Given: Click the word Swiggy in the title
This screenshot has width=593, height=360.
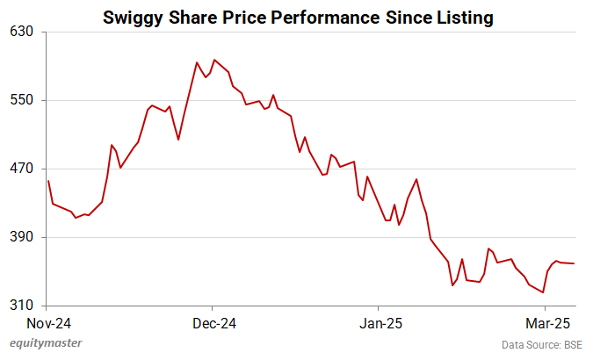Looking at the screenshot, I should coord(132,17).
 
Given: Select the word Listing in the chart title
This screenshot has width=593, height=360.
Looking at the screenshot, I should coord(462,17).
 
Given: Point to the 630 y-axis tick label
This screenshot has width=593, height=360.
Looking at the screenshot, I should coord(22,32).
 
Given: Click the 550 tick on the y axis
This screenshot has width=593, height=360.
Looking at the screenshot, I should coord(22,100).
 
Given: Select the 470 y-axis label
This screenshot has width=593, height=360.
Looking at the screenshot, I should coord(22,169).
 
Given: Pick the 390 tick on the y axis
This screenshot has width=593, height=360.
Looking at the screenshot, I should coord(22,237).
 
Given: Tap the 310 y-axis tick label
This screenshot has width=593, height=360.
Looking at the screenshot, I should coord(22,306).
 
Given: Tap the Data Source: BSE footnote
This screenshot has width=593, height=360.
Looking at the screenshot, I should coord(542,344).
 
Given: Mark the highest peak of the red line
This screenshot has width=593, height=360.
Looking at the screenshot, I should coord(213,60).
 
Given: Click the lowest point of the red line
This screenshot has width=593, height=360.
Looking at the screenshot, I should coord(544,292).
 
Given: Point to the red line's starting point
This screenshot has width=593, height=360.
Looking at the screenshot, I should coord(48,181).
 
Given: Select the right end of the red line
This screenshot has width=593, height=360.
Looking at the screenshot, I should coord(574,263).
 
